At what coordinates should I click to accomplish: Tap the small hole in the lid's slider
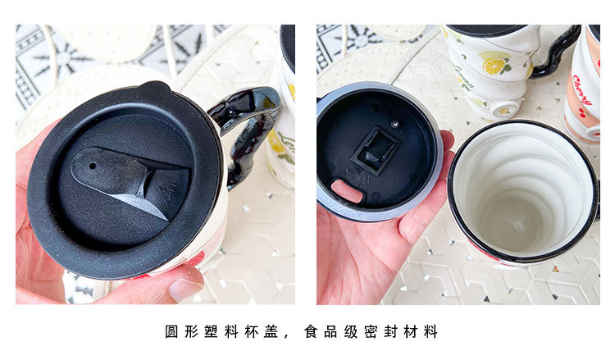click(x=91, y=165)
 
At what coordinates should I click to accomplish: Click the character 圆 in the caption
click(x=171, y=332)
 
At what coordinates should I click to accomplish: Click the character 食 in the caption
click(x=309, y=332)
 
